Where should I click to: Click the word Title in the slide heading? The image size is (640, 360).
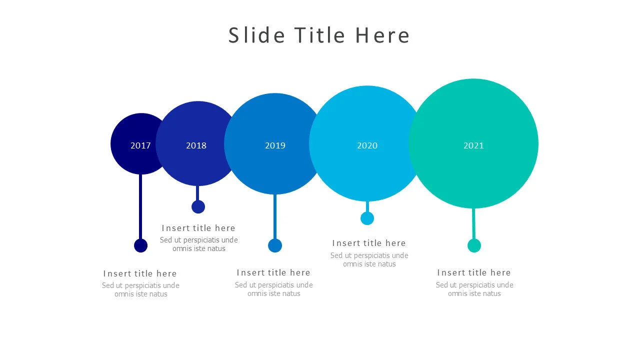pos(319,35)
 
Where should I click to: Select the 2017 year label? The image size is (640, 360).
pos(140,145)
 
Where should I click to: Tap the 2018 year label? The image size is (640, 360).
pos(196,145)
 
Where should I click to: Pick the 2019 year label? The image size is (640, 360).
pos(275,145)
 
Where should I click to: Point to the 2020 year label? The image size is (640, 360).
pos(367,145)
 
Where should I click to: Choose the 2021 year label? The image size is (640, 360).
pos(473,145)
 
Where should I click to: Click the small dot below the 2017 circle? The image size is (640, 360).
pos(141,245)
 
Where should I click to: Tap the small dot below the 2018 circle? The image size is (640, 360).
pos(198,206)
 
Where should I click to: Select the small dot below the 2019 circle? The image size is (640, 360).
pos(275,245)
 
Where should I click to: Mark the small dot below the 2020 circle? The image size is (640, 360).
pos(367,218)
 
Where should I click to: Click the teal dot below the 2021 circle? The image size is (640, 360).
pos(474,245)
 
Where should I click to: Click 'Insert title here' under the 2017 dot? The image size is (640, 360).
pos(140,273)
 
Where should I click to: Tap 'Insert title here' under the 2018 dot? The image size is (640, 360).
pos(198,228)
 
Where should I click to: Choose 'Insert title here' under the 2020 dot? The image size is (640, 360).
pos(369,243)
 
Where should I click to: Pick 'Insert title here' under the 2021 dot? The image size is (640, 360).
pos(474,272)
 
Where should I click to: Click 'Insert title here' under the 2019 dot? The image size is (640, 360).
pos(273,272)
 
